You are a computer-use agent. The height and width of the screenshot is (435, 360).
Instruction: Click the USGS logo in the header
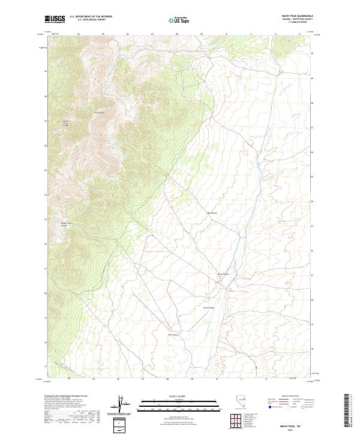click(x=55, y=19)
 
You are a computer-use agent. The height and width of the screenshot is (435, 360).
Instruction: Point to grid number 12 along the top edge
click(x=275, y=34)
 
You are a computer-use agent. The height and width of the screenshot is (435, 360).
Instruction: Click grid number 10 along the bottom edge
click(x=217, y=379)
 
